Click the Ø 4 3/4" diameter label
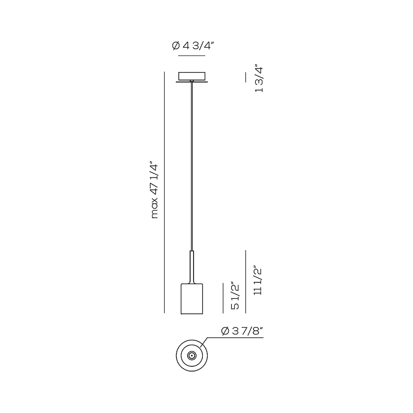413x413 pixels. coord(193,46)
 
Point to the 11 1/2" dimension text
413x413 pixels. coord(258,282)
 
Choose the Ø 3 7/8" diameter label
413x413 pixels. coord(242,331)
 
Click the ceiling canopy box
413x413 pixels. coord(192,76)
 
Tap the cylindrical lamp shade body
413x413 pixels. coord(192,299)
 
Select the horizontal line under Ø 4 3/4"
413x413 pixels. coord(191,55)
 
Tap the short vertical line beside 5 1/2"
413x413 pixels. coord(223,298)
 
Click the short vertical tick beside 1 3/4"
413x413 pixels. coord(246,77)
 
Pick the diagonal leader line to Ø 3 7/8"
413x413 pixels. coord(204,342)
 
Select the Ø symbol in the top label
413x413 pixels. coord(176,46)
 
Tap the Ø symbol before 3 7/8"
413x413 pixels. coord(225,331)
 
